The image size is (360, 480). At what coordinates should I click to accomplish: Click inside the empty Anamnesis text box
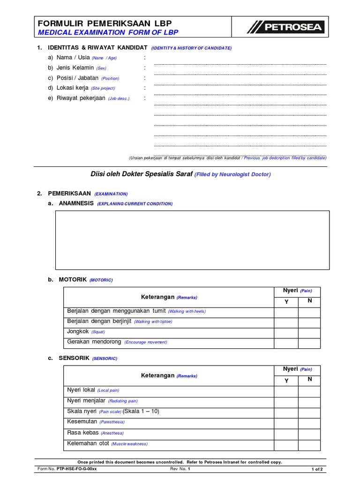[192, 240]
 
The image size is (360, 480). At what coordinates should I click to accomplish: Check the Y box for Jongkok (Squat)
[286, 333]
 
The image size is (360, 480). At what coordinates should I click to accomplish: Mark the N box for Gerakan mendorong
[309, 343]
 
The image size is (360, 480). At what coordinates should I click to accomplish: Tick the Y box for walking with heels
[286, 312]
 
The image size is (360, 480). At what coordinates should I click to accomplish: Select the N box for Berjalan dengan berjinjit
[309, 322]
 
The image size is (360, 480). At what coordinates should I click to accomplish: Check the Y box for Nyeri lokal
[286, 391]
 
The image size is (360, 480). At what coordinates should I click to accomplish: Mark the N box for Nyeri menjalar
[309, 402]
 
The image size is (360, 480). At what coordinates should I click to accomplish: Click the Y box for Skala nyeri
[286, 412]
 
